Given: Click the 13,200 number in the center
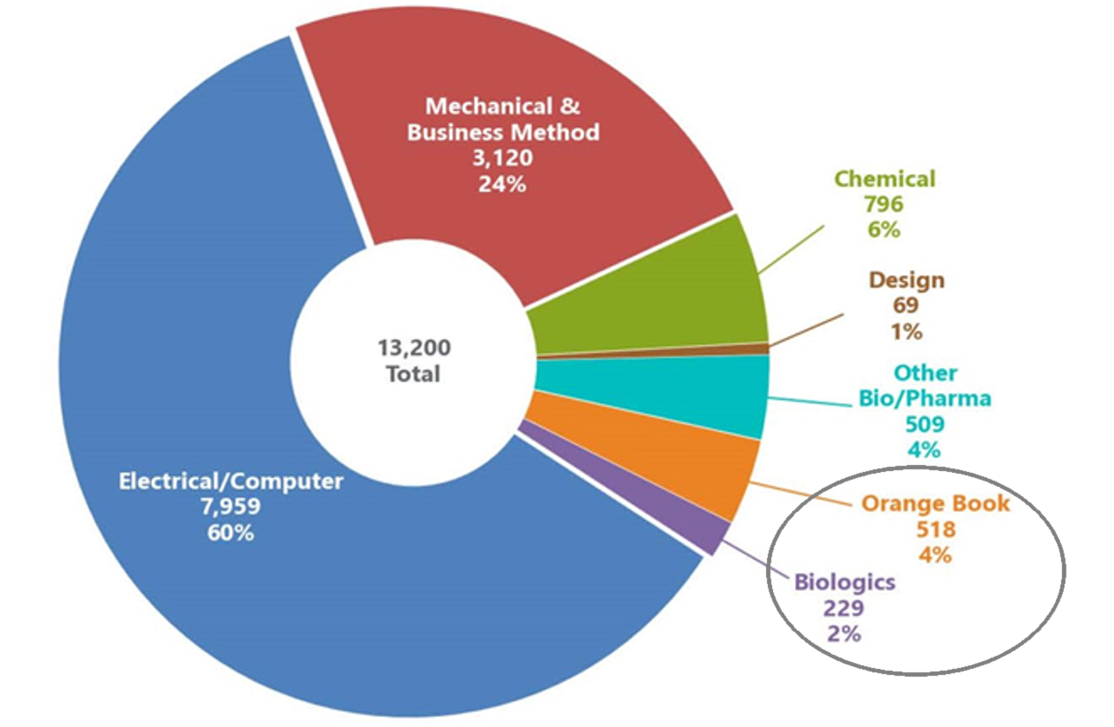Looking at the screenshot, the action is point(414,348).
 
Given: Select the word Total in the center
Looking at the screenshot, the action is point(414,374).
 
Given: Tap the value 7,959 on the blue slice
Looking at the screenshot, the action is point(231,508).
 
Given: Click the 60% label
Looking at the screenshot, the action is point(231,533).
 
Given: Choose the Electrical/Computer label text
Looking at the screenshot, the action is point(231,481).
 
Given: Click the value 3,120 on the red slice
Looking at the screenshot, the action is point(502,158).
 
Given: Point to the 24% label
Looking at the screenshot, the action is point(502,185).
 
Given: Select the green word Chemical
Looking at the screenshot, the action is point(885,179).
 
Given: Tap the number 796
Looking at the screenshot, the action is point(884,205).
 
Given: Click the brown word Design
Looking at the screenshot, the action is point(907,280).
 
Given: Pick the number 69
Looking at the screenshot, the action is point(906,305).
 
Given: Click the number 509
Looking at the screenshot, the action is point(925,424).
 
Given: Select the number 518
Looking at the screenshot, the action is point(936,529).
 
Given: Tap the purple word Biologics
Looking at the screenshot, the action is point(845,582).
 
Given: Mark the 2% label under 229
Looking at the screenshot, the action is point(844,634).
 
